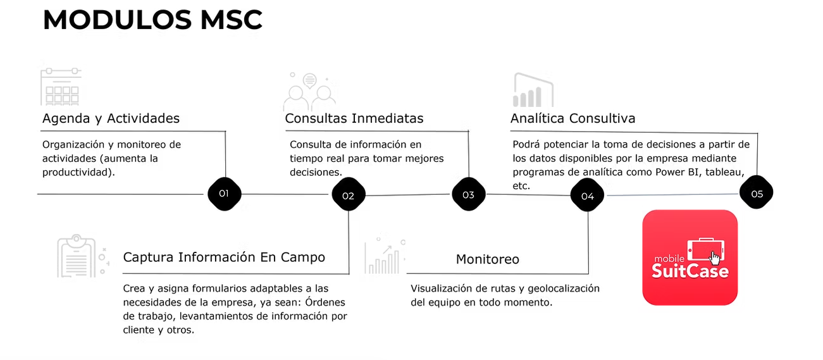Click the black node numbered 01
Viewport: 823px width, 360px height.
click(224, 194)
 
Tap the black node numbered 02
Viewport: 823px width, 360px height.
click(349, 196)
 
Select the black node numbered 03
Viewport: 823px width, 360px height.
click(468, 194)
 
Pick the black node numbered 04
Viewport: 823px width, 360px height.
click(588, 196)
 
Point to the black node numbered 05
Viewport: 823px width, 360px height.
click(757, 194)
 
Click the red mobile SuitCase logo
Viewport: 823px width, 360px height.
click(690, 258)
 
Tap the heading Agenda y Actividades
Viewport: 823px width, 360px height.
click(111, 118)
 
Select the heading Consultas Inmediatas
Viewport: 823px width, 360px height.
click(354, 118)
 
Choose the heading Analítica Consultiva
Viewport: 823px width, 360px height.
click(572, 118)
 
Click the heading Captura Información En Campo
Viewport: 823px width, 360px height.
click(224, 257)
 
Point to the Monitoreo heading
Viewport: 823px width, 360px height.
click(488, 259)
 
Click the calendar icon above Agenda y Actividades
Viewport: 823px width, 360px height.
click(61, 87)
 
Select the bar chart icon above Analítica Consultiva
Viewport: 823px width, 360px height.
click(533, 90)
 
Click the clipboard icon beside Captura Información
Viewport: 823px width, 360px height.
click(77, 256)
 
